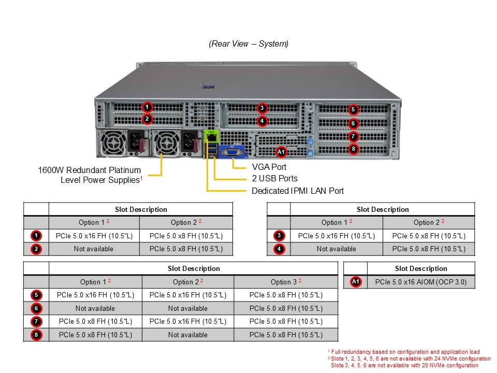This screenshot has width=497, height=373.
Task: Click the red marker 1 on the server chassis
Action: pyautogui.click(x=148, y=107)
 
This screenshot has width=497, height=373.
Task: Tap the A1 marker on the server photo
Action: pyautogui.click(x=281, y=152)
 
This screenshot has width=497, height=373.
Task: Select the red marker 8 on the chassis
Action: pyautogui.click(x=353, y=149)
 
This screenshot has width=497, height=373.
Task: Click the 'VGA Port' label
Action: pyautogui.click(x=269, y=167)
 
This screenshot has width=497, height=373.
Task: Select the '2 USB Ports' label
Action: pyautogui.click(x=274, y=179)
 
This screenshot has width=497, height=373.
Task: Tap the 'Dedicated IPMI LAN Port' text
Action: pyautogui.click(x=297, y=191)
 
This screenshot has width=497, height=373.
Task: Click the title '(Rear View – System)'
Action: pyautogui.click(x=248, y=44)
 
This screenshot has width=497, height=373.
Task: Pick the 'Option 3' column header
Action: pyautogui.click(x=285, y=282)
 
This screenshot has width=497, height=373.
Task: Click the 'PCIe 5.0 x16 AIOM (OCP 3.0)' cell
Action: pyautogui.click(x=420, y=282)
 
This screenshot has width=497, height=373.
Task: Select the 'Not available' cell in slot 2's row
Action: pyautogui.click(x=94, y=249)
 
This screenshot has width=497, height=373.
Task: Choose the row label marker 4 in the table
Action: pyautogui.click(x=279, y=249)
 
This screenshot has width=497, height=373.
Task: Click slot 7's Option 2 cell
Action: pyautogui.click(x=187, y=321)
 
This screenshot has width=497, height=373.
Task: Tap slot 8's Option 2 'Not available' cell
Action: pyautogui.click(x=187, y=335)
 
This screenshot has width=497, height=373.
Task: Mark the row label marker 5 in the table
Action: pyautogui.click(x=36, y=295)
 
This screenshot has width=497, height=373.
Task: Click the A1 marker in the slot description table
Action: pyautogui.click(x=355, y=282)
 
